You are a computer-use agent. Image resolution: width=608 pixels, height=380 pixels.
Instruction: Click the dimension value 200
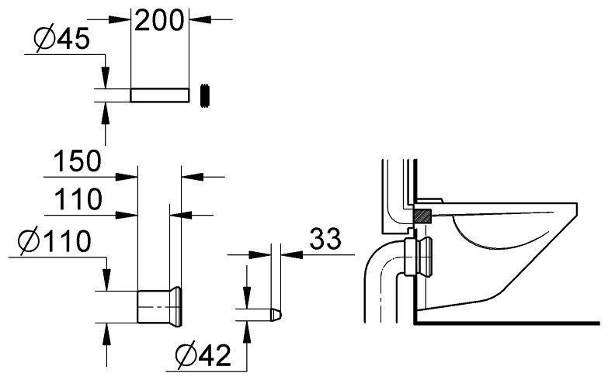pyautogui.click(x=161, y=19)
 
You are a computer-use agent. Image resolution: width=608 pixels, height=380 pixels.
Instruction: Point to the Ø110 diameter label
pyautogui.click(x=53, y=242)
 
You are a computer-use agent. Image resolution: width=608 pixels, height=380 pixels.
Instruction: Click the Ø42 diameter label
pyautogui.click(x=203, y=356)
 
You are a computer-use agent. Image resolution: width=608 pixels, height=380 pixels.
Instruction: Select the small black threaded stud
pyautogui.click(x=206, y=95)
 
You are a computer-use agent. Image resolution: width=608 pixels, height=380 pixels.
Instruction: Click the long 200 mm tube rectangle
pyautogui.click(x=159, y=95)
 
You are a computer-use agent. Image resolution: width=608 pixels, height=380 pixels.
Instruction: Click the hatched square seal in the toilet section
pyautogui.click(x=422, y=215)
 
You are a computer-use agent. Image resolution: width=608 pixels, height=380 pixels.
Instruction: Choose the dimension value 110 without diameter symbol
pyautogui.click(x=78, y=201)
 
